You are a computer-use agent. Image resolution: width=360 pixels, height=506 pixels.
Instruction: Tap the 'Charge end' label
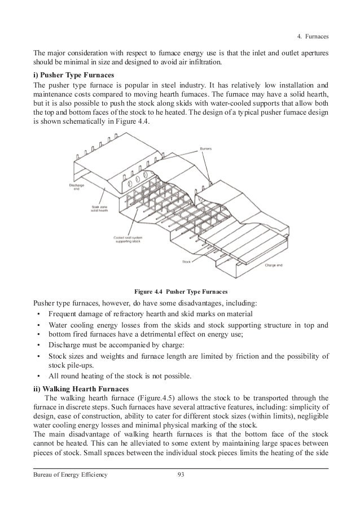click(x=275, y=265)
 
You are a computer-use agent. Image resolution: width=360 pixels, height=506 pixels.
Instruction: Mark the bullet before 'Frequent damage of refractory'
click(x=38, y=314)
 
